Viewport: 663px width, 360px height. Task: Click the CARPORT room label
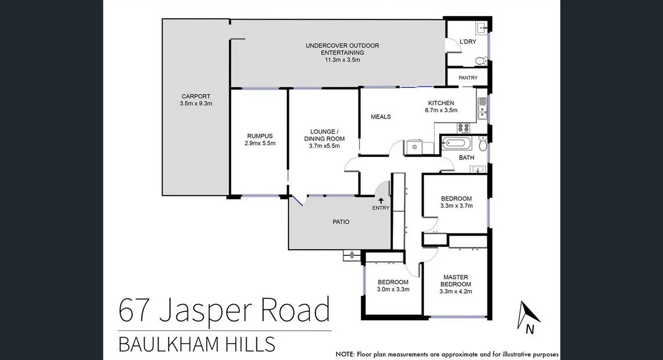pos(196,96)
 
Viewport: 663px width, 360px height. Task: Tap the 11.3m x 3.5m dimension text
pos(342,60)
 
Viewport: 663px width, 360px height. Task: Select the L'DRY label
pos(468,41)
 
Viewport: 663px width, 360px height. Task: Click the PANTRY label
pos(468,78)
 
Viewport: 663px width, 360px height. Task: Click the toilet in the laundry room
pos(480,61)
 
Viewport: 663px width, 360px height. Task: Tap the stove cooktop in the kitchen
pos(463,127)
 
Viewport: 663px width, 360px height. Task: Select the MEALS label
pos(381,117)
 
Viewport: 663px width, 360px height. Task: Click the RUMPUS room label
pos(260,136)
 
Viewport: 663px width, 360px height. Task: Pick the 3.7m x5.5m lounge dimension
pos(324,146)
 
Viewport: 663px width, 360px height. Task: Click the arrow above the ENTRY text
pos(381,200)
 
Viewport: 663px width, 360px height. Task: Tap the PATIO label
pos(340,222)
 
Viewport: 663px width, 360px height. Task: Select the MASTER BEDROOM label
pos(455,281)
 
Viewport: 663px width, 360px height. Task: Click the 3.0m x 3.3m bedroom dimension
pos(393,289)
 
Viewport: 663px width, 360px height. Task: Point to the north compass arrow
pos(529,313)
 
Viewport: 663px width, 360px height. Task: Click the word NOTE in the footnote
pos(344,355)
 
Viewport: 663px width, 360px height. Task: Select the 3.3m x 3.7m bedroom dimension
pos(456,206)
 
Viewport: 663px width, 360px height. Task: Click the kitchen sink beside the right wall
pos(482,110)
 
